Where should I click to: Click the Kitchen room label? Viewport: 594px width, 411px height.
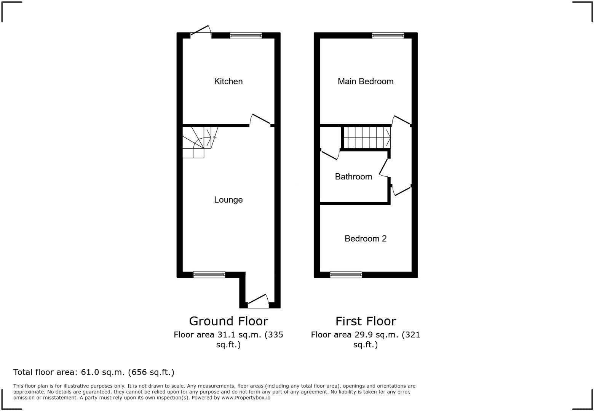click(x=228, y=81)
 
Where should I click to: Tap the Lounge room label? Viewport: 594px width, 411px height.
click(x=228, y=200)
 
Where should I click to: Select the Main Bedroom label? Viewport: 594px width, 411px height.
click(x=365, y=81)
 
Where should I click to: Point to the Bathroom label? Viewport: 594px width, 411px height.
click(x=353, y=176)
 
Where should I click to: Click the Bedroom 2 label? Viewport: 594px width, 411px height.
click(x=365, y=238)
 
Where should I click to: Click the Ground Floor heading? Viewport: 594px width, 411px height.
click(x=228, y=321)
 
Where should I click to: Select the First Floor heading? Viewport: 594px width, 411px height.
click(x=366, y=321)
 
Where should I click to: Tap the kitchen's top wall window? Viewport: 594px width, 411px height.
click(x=246, y=36)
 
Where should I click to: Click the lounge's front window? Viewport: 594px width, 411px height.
click(x=209, y=274)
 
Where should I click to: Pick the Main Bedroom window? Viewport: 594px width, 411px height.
click(x=388, y=36)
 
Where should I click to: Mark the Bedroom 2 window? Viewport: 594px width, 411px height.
click(x=346, y=274)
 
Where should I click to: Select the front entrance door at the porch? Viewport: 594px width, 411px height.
click(x=258, y=301)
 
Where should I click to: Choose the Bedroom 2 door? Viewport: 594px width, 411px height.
click(x=401, y=189)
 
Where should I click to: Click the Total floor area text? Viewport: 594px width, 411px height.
click(x=94, y=372)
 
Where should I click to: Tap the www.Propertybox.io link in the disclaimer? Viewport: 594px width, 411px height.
click(x=246, y=398)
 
